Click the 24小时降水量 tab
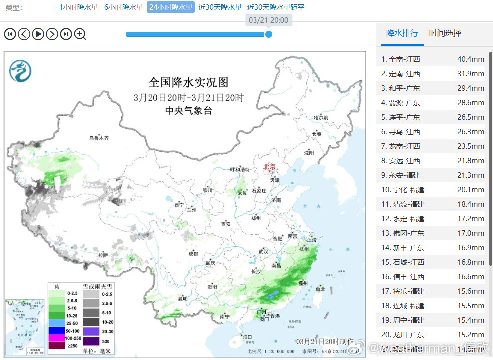[171, 7]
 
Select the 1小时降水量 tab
[79, 7]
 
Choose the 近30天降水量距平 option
[276, 7]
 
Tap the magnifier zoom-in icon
[80, 34]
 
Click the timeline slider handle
[269, 34]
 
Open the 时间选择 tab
[445, 33]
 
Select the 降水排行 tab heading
[402, 33]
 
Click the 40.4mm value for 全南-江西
[471, 59]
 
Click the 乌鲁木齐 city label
[99, 138]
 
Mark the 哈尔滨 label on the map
[321, 118]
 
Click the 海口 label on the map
[247, 337]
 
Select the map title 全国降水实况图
[188, 82]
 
